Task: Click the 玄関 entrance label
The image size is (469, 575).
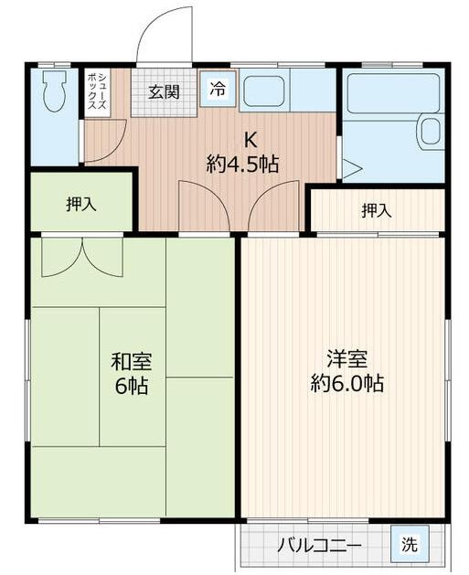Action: point(165,91)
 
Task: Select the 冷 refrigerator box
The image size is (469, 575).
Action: point(218,89)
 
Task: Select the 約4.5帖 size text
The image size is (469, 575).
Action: point(243,165)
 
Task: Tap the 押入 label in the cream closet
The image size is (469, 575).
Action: point(376,211)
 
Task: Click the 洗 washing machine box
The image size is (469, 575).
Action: point(409,546)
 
